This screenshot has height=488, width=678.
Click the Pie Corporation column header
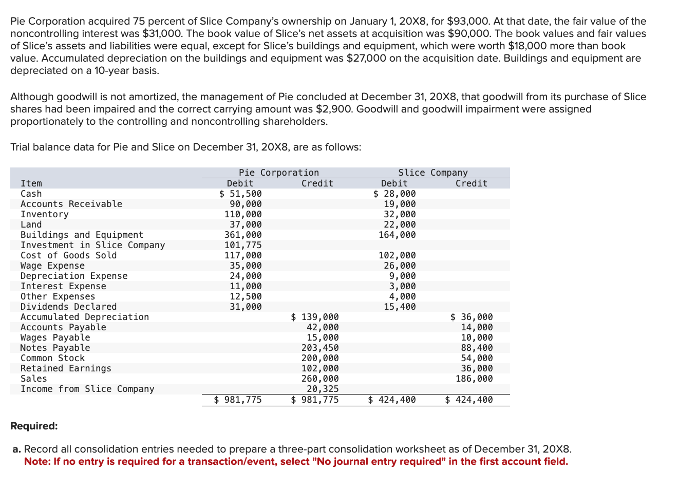click(278, 173)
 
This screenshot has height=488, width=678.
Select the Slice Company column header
click(432, 173)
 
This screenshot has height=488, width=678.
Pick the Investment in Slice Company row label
click(92, 245)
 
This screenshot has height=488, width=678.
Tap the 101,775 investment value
click(243, 245)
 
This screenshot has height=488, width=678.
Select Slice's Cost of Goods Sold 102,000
click(397, 255)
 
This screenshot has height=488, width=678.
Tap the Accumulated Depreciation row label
click(85, 317)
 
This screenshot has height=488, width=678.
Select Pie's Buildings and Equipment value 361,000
click(243, 235)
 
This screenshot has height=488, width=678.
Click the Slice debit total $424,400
click(392, 400)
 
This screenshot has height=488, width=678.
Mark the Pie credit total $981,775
click(315, 400)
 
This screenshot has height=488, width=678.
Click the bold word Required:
click(34, 426)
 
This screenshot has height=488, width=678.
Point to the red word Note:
click(37, 461)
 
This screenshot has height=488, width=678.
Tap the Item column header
click(31, 183)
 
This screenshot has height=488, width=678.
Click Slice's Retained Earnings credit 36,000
click(476, 368)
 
